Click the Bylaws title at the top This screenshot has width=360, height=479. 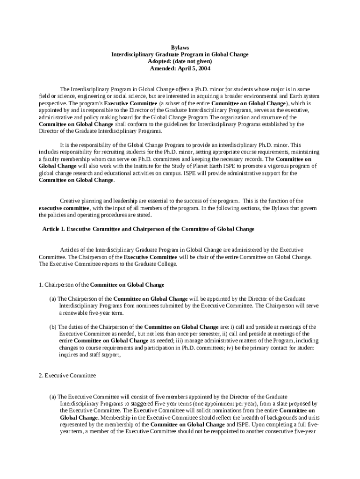click(180, 48)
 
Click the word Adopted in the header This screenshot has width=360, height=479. click(159, 61)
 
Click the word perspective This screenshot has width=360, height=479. click(52, 103)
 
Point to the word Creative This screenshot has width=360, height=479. click(70, 201)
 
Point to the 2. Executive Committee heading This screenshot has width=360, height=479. click(67, 375)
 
